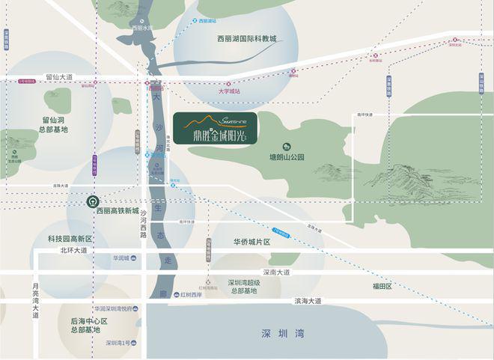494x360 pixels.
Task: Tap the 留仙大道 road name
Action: click(x=59, y=76)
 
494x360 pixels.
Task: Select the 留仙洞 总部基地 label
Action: click(x=55, y=123)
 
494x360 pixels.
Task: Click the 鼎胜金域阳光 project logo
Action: click(x=216, y=128)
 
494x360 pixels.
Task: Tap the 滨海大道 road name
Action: click(x=307, y=301)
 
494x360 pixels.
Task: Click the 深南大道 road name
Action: click(x=276, y=272)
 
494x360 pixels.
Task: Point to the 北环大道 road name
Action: click(x=73, y=250)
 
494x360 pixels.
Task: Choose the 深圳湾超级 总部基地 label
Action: click(x=245, y=287)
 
